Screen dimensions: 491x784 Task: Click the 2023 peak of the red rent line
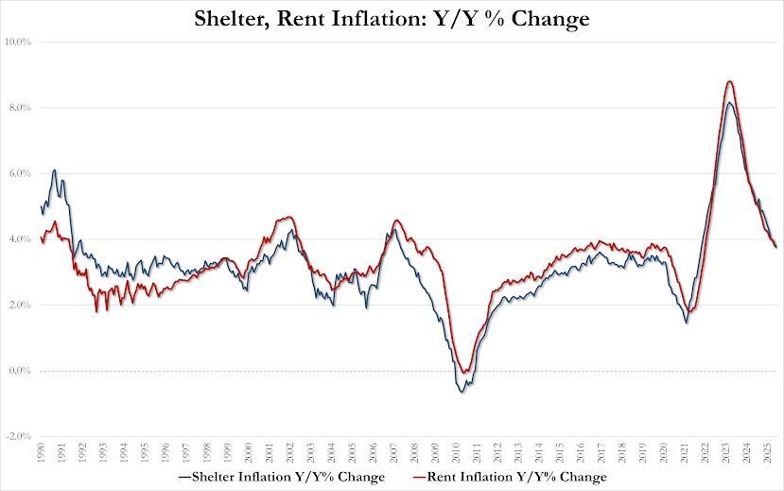click(729, 81)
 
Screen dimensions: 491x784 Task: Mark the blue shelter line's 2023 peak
click(729, 102)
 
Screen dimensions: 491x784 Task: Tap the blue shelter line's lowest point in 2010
click(462, 392)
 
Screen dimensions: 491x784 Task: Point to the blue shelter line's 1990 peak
click(55, 170)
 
